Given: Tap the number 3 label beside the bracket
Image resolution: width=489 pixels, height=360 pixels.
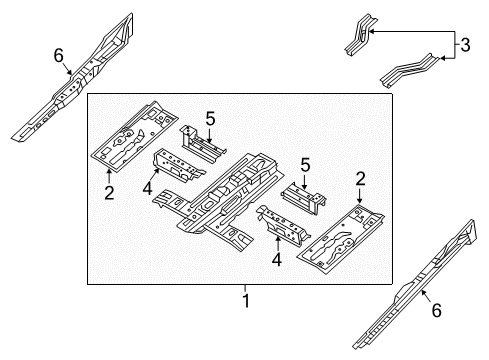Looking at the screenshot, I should click(463, 45).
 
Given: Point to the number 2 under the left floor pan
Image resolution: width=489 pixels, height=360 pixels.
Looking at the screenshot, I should click(108, 188).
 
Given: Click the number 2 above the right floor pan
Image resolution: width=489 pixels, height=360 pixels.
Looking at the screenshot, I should click(361, 180).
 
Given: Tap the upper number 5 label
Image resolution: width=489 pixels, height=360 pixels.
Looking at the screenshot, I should click(210, 119).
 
